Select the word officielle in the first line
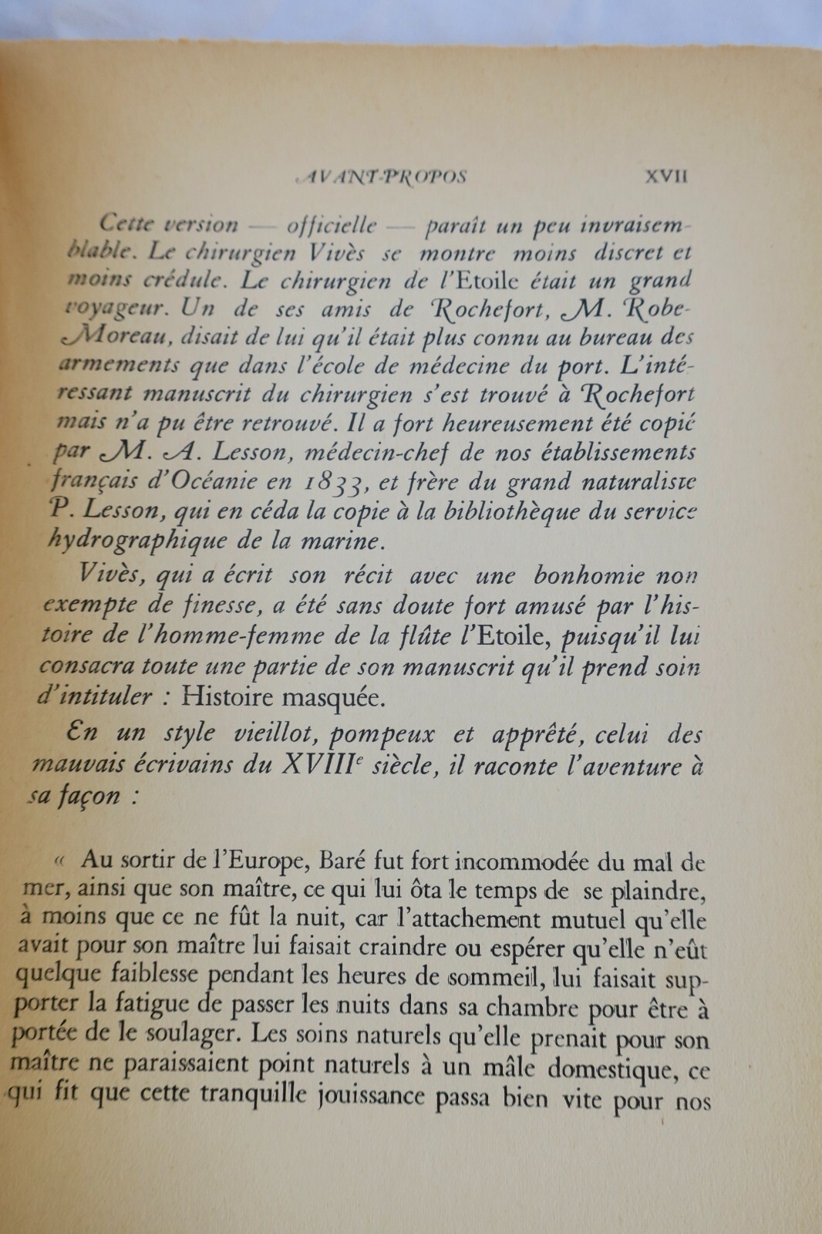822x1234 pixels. pyautogui.click(x=332, y=225)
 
